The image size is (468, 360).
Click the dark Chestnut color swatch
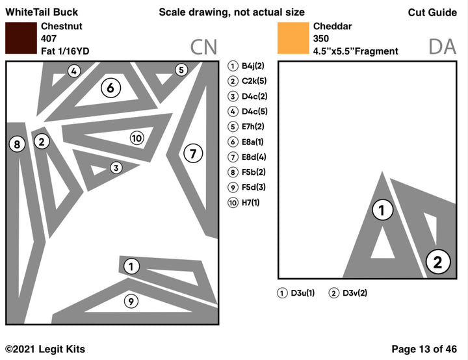21,38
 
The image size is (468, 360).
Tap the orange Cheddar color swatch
292,38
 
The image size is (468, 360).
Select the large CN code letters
203,47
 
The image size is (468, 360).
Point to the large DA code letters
443,47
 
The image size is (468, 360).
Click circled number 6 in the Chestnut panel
110,88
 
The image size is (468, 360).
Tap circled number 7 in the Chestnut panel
192,153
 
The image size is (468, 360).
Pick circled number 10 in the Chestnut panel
136,138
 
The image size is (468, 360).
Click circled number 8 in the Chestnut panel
17,144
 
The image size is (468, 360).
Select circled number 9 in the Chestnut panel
131,301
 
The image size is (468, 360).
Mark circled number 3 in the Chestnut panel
116,168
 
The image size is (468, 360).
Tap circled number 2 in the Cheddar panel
437,262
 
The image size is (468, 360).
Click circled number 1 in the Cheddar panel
382,209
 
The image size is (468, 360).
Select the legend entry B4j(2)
248,66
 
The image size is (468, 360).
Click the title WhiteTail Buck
42,12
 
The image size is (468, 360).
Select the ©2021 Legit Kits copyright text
45,349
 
